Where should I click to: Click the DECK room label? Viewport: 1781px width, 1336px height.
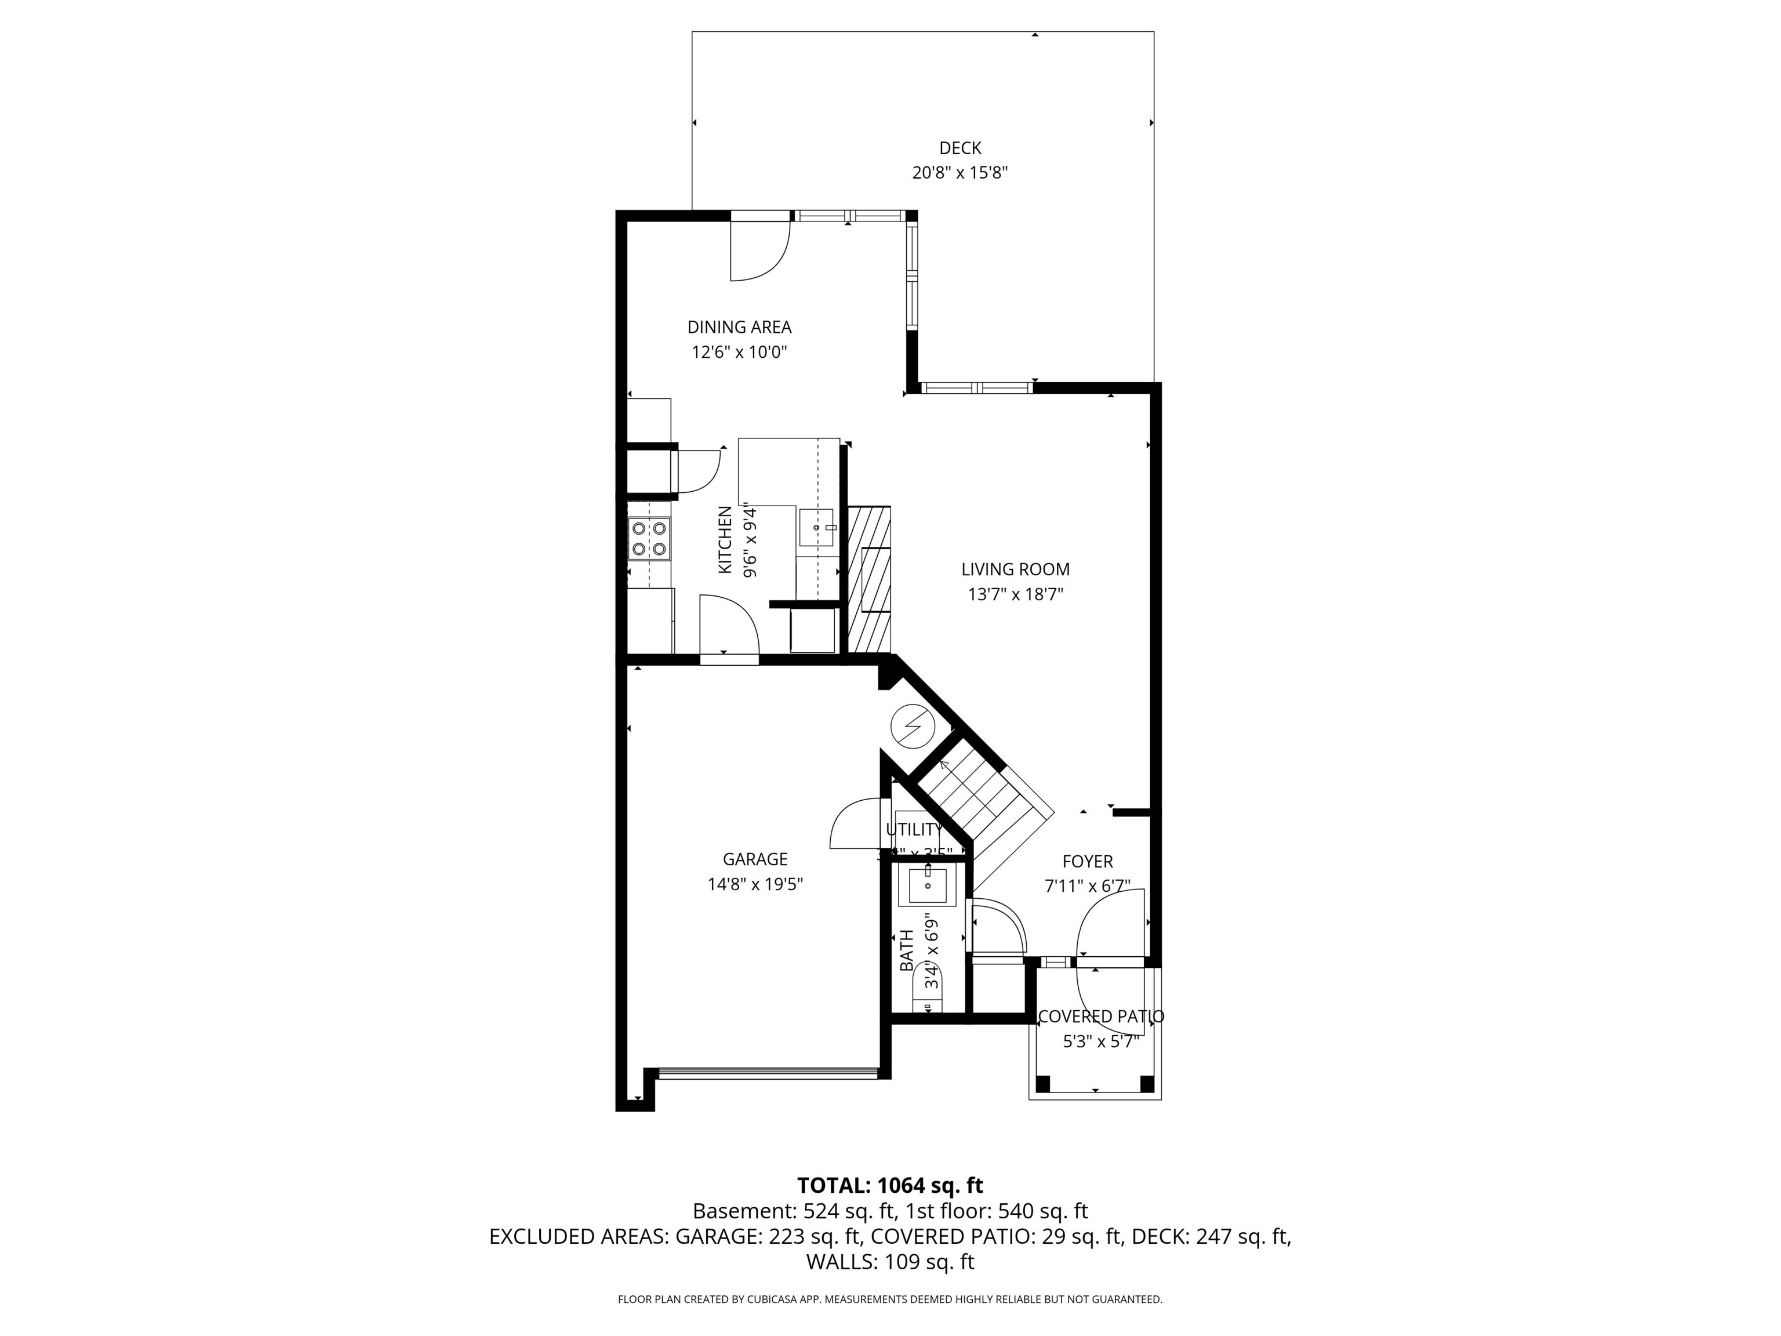(x=959, y=148)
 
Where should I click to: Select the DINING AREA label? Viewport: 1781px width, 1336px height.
(x=739, y=327)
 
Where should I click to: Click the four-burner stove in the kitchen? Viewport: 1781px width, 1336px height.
(x=649, y=539)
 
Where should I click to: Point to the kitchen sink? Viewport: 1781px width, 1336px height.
(x=816, y=528)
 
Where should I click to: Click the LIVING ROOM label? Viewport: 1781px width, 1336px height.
(x=1015, y=569)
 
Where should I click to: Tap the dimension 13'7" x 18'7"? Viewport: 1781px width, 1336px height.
(x=1015, y=595)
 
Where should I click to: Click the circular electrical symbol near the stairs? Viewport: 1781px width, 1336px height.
(x=911, y=725)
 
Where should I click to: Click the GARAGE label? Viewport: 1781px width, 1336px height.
(x=754, y=859)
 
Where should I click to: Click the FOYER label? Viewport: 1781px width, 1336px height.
(x=1087, y=862)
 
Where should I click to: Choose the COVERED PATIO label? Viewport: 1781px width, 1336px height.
(x=1100, y=1017)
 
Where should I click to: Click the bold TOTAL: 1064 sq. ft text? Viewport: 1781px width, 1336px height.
(x=890, y=1185)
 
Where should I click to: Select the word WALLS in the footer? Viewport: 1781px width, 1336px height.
(x=841, y=1262)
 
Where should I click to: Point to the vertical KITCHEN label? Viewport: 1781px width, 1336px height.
(x=725, y=539)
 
